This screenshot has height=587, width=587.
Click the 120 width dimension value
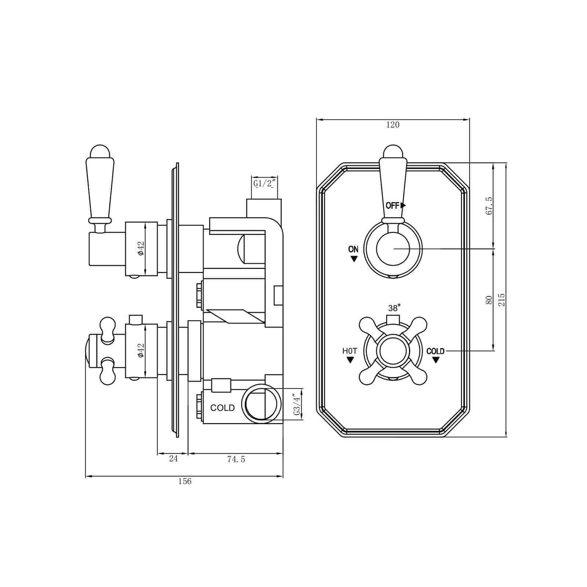click(x=392, y=125)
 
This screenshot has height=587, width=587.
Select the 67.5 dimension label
click(x=489, y=206)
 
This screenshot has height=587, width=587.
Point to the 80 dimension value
click(x=489, y=300)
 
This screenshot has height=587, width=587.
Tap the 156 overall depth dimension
click(x=184, y=481)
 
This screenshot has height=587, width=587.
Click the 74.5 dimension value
click(x=236, y=459)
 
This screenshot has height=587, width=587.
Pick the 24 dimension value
click(x=173, y=459)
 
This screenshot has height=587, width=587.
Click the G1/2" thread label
click(x=265, y=183)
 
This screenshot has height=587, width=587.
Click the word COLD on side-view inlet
click(x=222, y=408)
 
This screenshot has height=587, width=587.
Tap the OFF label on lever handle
click(x=393, y=206)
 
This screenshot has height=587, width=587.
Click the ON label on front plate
click(x=353, y=249)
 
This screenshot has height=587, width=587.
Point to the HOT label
click(x=350, y=351)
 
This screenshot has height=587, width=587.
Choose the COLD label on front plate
click(x=435, y=351)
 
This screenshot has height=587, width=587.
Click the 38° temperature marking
click(x=394, y=308)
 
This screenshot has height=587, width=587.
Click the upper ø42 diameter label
click(x=141, y=248)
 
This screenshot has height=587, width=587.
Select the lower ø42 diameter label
click(x=141, y=350)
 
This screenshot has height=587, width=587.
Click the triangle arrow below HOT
click(x=350, y=360)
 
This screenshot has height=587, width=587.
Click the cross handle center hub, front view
click(x=393, y=351)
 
